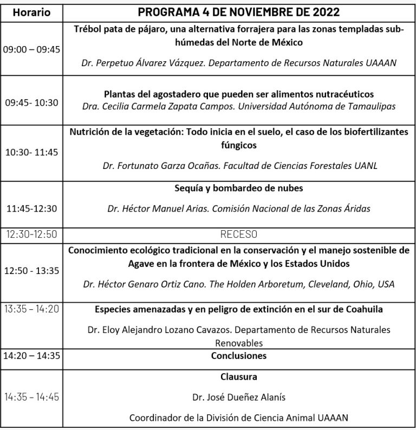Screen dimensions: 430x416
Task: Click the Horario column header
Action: coord(32,12)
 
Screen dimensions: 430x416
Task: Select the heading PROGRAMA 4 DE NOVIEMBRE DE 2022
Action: coord(239,12)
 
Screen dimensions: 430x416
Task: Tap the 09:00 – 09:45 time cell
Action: coord(32,49)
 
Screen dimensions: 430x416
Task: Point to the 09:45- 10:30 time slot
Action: coord(32,101)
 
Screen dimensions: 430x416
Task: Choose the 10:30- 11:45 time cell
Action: coord(32,153)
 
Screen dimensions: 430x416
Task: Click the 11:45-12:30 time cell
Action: coord(32,208)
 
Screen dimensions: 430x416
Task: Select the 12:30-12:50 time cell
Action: coord(32,234)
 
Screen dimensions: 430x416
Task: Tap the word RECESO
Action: coord(239,234)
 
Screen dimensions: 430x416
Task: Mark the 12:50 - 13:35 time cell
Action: coord(32,270)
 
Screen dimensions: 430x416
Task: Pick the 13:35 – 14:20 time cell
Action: coord(32,309)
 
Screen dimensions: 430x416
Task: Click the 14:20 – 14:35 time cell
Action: coord(32,356)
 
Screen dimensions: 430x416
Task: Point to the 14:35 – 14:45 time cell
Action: coord(32,397)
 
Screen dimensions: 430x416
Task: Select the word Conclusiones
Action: coord(239,356)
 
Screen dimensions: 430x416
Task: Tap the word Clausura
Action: coord(239,376)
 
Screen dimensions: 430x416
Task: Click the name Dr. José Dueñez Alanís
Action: coord(239,397)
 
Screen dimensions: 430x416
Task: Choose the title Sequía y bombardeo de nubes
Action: coord(239,188)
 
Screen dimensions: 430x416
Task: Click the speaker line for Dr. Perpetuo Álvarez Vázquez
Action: coord(239,63)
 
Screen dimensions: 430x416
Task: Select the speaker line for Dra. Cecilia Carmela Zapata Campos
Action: coord(239,106)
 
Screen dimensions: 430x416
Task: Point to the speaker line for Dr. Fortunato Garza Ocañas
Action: coord(239,166)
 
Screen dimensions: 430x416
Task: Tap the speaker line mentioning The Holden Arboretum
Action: coord(239,284)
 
